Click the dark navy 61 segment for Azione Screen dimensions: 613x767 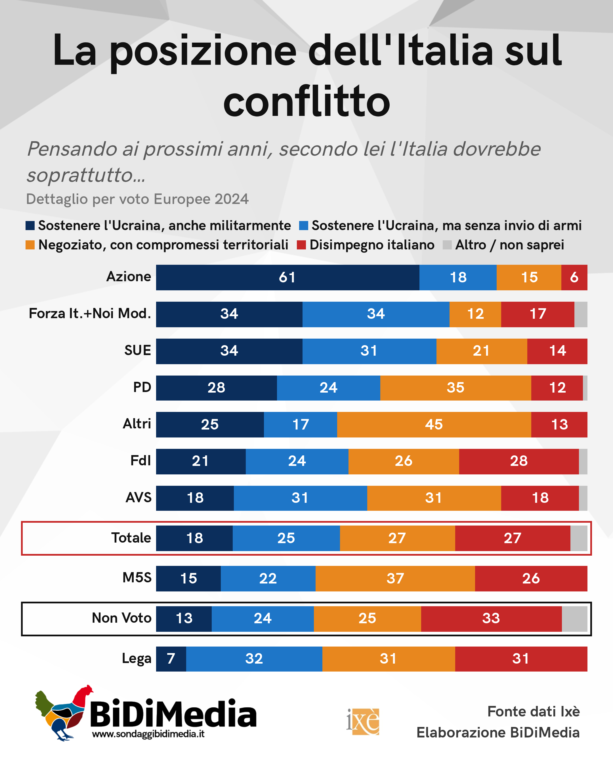[287, 277]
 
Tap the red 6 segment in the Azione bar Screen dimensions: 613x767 [574, 277]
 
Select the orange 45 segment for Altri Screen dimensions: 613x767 [434, 424]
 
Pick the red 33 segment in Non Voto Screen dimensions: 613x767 [492, 618]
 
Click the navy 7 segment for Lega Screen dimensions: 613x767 [171, 659]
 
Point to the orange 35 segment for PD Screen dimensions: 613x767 [455, 388]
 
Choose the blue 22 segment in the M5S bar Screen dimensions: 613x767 [268, 578]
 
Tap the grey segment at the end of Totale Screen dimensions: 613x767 [579, 538]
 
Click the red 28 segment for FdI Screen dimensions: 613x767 [519, 461]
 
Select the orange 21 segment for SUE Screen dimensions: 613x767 [482, 351]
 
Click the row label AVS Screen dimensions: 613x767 [138, 497]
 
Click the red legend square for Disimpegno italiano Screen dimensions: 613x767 [301, 245]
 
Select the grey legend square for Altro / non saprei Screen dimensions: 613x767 [447, 245]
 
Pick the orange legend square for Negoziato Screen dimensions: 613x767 [30, 245]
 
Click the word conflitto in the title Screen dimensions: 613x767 [307, 102]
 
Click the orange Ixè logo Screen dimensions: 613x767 [363, 722]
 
